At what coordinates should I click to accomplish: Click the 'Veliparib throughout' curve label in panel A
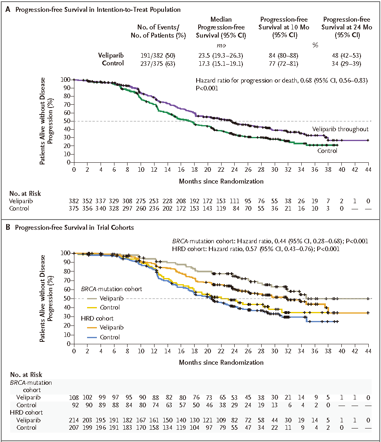tap(341, 129)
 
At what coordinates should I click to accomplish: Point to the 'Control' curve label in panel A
tap(327, 151)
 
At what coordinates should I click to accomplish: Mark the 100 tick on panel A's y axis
tap(66, 80)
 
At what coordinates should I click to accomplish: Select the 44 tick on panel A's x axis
tap(368, 170)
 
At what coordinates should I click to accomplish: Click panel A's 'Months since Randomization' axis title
tap(221, 181)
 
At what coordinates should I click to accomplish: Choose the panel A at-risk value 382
tap(74, 201)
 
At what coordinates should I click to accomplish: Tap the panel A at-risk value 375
tap(74, 209)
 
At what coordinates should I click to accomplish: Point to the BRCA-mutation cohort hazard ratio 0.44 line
tap(271, 241)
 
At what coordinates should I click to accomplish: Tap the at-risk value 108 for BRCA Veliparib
tap(74, 397)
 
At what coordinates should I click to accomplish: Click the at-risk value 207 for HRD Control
tap(74, 428)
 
